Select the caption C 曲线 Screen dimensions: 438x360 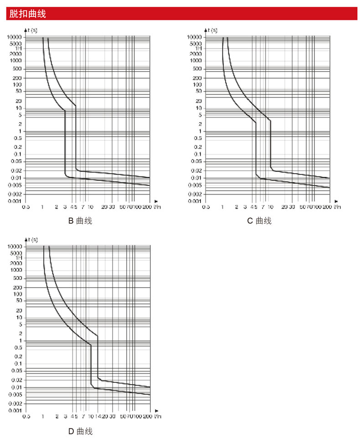(259, 221)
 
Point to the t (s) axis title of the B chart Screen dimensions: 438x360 (32, 30)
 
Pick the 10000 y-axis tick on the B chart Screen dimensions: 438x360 (15, 37)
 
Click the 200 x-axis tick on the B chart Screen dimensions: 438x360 (148, 207)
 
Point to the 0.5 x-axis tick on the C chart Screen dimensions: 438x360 (206, 207)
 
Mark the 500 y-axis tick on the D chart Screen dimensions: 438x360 (17, 278)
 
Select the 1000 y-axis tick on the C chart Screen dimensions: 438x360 (196, 60)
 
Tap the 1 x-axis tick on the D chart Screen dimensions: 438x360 (43, 417)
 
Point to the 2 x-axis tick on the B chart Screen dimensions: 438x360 (57, 207)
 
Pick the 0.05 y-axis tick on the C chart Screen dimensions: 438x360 (196, 161)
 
